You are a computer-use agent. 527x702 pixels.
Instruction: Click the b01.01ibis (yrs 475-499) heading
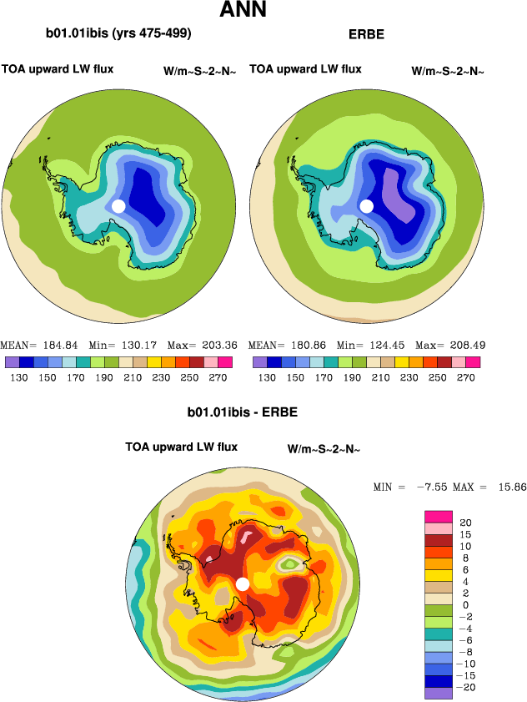pyautogui.click(x=118, y=34)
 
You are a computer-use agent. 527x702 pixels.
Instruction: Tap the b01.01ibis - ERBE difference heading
pyautogui.click(x=243, y=412)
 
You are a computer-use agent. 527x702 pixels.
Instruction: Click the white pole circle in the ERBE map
pyautogui.click(x=366, y=205)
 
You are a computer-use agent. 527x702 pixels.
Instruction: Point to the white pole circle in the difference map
pyautogui.click(x=243, y=583)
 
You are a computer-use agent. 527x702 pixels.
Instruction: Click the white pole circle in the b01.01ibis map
pyautogui.click(x=118, y=205)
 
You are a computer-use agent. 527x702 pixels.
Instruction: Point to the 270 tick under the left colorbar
pyautogui.click(x=225, y=377)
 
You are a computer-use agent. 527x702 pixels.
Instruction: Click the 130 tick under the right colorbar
pyautogui.click(x=267, y=377)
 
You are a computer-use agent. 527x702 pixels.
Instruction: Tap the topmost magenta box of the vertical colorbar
pyautogui.click(x=438, y=517)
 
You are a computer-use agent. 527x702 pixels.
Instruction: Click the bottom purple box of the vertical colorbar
pyautogui.click(x=438, y=692)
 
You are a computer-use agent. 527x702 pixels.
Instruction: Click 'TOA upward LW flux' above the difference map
pyautogui.click(x=181, y=447)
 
